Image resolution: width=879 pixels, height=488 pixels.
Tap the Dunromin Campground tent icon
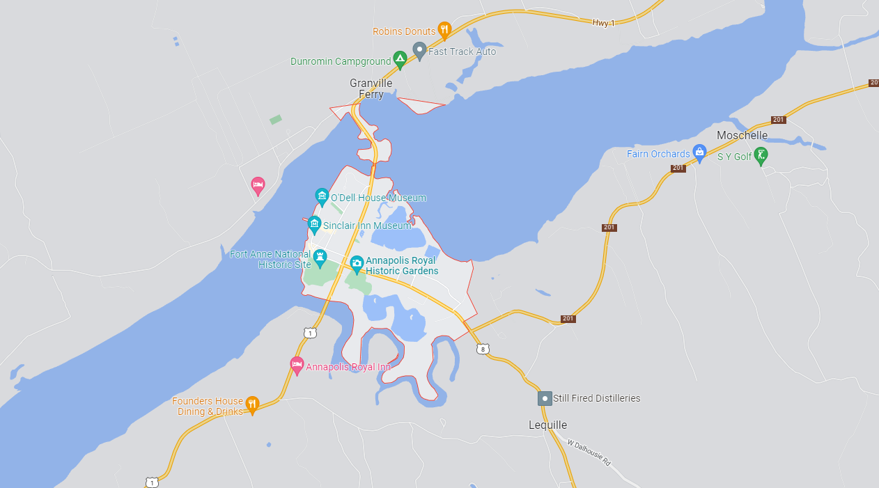click(x=400, y=60)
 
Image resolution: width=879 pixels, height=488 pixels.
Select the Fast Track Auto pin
click(x=419, y=50)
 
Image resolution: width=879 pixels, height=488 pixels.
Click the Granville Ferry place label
click(x=371, y=89)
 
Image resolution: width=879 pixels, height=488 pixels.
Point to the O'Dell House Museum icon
click(x=322, y=196)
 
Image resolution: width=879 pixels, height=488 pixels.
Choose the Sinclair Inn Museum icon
click(x=314, y=224)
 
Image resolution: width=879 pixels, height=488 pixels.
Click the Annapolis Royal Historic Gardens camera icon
click(x=357, y=263)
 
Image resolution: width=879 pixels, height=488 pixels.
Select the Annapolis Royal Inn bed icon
click(x=297, y=365)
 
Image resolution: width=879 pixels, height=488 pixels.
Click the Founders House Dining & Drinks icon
click(x=252, y=404)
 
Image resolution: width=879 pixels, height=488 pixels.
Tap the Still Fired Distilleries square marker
click(x=544, y=398)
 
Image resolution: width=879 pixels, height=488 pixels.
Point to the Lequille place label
click(x=547, y=425)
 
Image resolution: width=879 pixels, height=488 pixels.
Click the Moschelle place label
click(x=742, y=135)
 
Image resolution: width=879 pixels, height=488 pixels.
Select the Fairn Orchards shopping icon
click(x=699, y=152)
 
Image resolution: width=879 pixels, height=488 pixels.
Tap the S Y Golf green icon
click(x=762, y=155)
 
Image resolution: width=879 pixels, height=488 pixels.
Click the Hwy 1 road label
click(x=603, y=23)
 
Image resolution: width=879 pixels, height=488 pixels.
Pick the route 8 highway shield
click(x=483, y=349)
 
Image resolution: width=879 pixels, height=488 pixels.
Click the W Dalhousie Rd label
click(x=589, y=452)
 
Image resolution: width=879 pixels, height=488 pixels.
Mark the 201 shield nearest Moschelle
click(x=778, y=120)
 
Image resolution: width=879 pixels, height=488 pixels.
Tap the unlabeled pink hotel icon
click(x=258, y=184)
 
